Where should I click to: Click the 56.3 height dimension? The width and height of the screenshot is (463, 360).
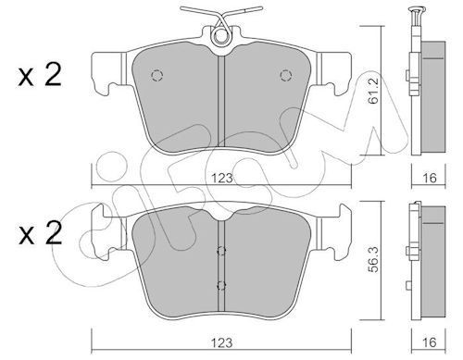point(373,259)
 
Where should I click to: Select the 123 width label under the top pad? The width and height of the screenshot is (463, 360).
point(222,178)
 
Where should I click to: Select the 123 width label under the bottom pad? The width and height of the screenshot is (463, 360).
point(222,342)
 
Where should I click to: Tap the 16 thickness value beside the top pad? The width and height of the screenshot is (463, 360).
point(429,178)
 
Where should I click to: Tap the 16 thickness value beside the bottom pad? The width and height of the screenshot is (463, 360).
point(429,342)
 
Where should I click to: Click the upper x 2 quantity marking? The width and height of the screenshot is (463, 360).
point(40,75)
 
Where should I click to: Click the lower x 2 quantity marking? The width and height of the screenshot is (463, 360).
point(40,233)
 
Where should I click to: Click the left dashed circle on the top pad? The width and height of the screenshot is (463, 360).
point(156,76)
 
